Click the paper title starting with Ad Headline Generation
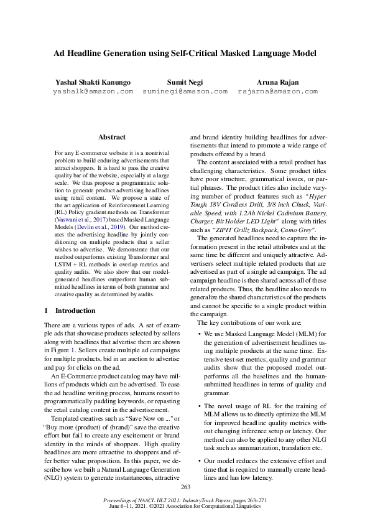[185, 54]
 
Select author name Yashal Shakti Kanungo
[93, 82]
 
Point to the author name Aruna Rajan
[277, 82]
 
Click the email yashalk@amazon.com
[93, 91]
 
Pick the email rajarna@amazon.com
[277, 91]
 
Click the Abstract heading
[112, 137]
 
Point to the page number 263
[185, 487]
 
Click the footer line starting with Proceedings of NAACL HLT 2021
[185, 500]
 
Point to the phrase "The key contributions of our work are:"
[249, 322]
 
